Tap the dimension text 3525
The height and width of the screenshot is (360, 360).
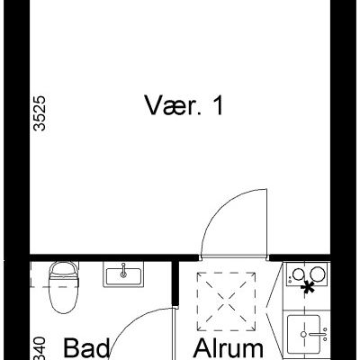pyautogui.click(x=37, y=116)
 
